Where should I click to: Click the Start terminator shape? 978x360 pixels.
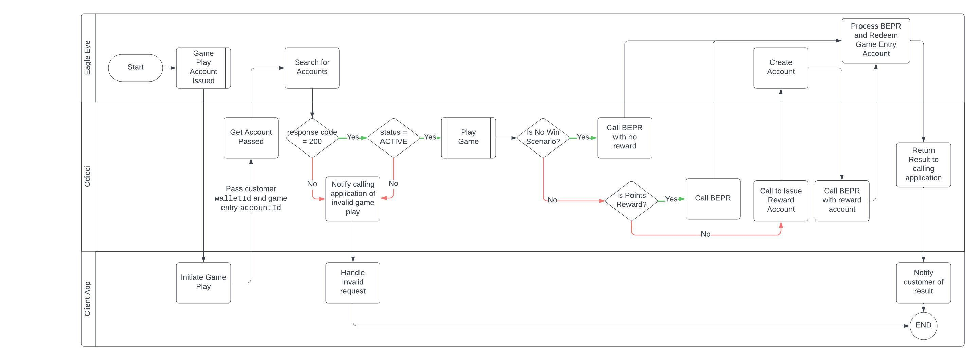click(135, 68)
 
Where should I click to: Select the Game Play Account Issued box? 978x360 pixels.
click(203, 68)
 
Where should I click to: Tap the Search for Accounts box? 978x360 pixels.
click(312, 68)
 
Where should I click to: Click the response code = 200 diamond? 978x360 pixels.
click(312, 138)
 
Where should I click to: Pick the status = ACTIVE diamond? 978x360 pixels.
click(393, 138)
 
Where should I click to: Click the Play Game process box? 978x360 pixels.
click(468, 138)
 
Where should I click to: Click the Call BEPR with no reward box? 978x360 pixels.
click(624, 138)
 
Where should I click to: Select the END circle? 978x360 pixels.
click(923, 325)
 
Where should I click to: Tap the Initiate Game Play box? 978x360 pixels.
click(203, 282)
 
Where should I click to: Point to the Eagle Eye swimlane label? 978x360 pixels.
click(88, 58)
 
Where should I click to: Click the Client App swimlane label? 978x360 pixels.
click(88, 299)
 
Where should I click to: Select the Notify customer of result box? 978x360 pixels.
click(923, 282)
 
